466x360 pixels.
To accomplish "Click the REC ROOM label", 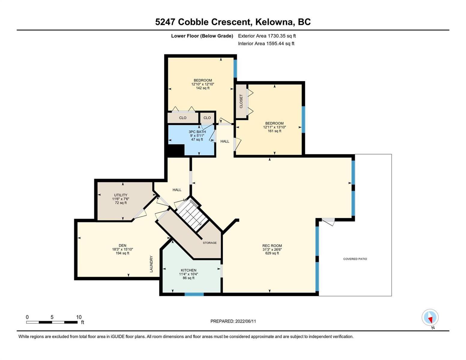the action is coord(272,246).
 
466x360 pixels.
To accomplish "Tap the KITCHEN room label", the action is coord(188,270).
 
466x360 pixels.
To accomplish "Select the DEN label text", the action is coord(122,245).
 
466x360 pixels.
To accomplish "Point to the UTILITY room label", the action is coord(121,195).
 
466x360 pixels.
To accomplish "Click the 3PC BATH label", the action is coord(197,132).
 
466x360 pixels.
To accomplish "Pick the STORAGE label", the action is coord(210,243).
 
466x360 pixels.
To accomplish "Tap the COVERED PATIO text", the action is coord(355,259).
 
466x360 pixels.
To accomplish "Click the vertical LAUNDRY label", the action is coord(152,264).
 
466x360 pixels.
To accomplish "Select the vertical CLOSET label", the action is coord(241,101).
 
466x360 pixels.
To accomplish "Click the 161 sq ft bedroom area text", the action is coord(275,131).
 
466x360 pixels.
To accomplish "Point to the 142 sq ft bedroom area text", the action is coord(203,88).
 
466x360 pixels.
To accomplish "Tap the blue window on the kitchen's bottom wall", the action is coord(194,294).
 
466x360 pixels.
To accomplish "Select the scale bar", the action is coord(52,322).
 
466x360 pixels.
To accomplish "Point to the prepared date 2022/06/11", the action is coord(245,321).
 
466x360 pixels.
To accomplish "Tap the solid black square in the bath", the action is coord(176,150).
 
